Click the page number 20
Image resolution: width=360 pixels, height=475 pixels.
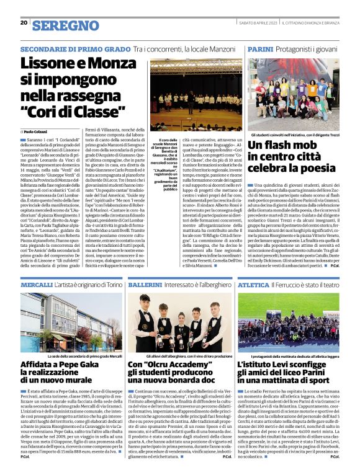pos(24,23)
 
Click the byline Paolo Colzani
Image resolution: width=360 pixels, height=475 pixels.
pos(37,132)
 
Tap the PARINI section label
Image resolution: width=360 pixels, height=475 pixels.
pos(261,48)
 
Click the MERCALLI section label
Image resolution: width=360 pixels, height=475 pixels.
pos(37,284)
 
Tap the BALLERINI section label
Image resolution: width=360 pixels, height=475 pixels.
pos(146,284)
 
